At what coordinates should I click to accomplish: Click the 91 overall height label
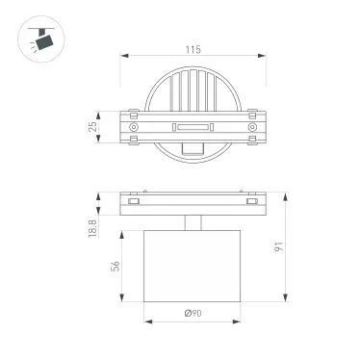point(280,245)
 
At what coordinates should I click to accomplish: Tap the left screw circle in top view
point(133,127)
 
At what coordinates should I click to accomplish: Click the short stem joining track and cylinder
point(193,224)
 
